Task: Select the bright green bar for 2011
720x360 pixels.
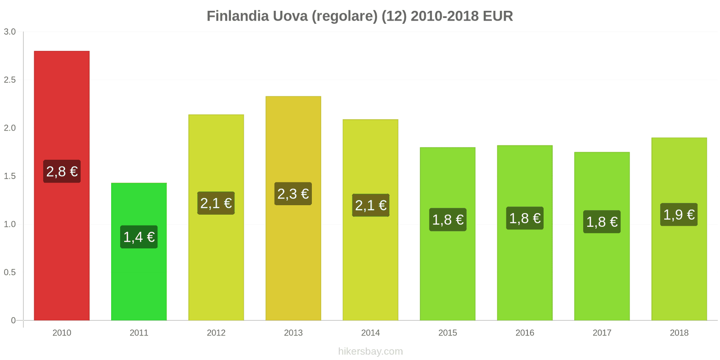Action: pyautogui.click(x=139, y=279)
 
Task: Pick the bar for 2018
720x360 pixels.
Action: pyautogui.click(x=679, y=270)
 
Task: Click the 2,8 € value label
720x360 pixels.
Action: pyautogui.click(x=62, y=171)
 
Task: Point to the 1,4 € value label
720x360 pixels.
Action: pyautogui.click(x=139, y=237)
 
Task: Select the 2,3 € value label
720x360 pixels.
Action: pyautogui.click(x=293, y=194)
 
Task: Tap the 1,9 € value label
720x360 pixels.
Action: pyautogui.click(x=679, y=215)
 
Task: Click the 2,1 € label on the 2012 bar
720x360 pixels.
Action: pyautogui.click(x=216, y=203)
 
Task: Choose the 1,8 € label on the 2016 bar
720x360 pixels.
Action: pyautogui.click(x=525, y=218)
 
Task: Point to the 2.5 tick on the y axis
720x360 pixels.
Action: pyautogui.click(x=10, y=80)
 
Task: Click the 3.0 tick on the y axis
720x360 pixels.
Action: pyautogui.click(x=10, y=31)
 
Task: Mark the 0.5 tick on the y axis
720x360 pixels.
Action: pyautogui.click(x=10, y=272)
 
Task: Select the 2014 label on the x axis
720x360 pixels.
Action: pyautogui.click(x=370, y=333)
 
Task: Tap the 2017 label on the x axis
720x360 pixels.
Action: pyautogui.click(x=602, y=333)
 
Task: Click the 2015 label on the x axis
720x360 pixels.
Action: pyautogui.click(x=447, y=333)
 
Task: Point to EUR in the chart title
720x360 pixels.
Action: pyautogui.click(x=498, y=16)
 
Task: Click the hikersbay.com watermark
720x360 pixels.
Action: pyautogui.click(x=370, y=351)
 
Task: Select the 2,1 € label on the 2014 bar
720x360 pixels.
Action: pyautogui.click(x=370, y=206)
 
